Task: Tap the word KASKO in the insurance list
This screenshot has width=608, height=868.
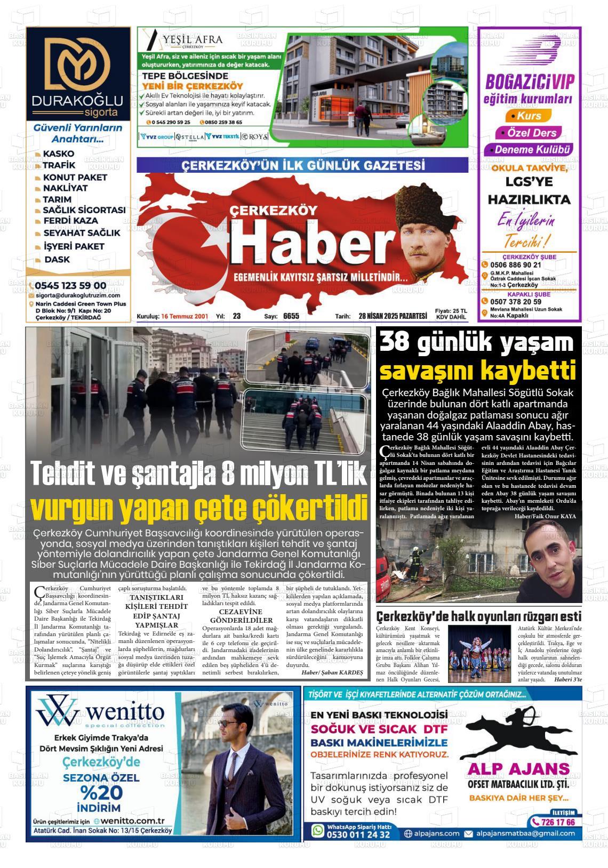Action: [x=59, y=154]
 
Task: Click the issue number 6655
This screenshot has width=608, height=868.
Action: [x=291, y=316]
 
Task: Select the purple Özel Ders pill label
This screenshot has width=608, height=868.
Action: [x=532, y=133]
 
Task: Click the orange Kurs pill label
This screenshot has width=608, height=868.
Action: [x=529, y=116]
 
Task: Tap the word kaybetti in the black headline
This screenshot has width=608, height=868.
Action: [x=527, y=368]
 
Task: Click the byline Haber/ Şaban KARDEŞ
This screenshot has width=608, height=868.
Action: [x=332, y=673]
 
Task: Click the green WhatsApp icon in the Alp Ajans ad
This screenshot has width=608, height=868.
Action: [x=318, y=830]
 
